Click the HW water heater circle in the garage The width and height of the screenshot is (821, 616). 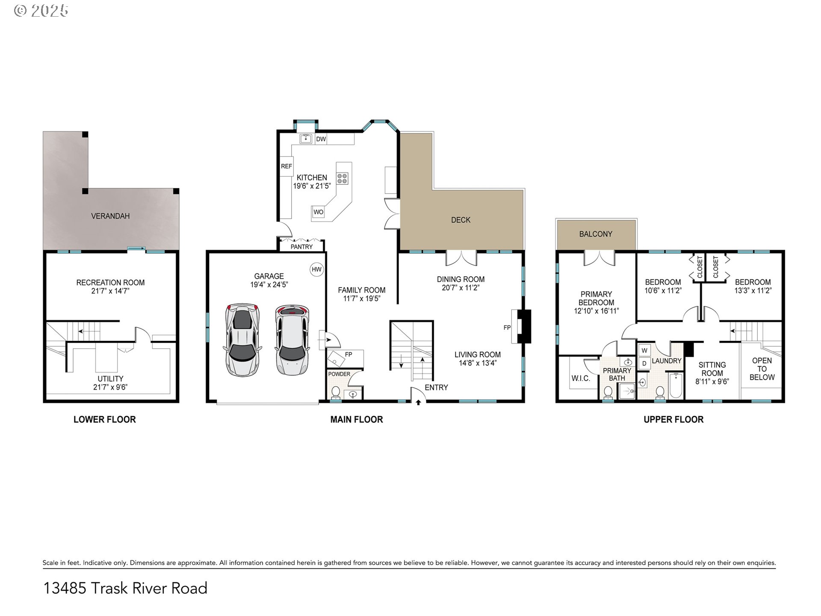(316, 269)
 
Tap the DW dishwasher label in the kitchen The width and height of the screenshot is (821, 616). (321, 139)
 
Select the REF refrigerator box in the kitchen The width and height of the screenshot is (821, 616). (286, 166)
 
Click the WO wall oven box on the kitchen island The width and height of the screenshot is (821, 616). (318, 212)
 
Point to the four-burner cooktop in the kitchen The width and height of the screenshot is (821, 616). (342, 178)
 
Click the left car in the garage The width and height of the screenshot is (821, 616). (242, 340)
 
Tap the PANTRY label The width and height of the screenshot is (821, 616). (301, 247)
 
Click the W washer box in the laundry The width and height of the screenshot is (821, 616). (644, 350)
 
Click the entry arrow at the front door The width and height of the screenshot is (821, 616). (418, 402)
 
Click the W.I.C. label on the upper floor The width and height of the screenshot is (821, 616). (581, 379)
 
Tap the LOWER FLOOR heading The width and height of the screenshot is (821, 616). (105, 420)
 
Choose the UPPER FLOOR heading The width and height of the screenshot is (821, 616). (673, 420)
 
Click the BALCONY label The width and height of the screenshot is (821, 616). (596, 234)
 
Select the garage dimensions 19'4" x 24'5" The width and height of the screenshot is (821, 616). (269, 284)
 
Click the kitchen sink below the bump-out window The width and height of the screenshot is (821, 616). (305, 139)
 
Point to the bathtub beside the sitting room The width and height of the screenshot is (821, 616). (676, 385)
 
